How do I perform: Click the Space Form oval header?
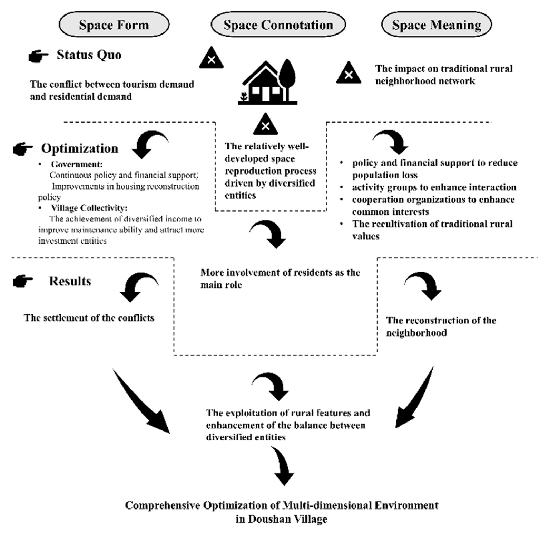tap(114, 24)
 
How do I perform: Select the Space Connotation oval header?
tap(278, 24)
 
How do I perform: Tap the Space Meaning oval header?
tap(436, 24)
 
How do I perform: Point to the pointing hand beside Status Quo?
tap(38, 56)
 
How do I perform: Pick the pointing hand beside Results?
tap(23, 281)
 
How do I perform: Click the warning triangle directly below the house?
tap(265, 125)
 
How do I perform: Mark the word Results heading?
tap(70, 281)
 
